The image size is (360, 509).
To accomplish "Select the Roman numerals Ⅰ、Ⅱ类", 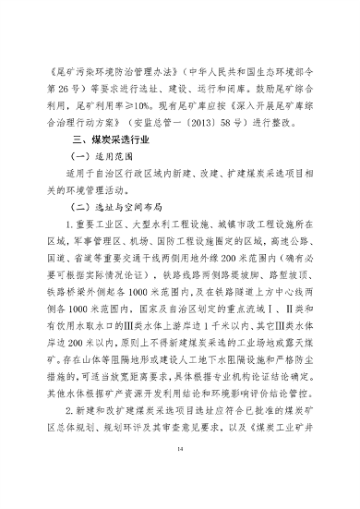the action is [x=277, y=345].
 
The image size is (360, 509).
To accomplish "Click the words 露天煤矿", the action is [x=295, y=386].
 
